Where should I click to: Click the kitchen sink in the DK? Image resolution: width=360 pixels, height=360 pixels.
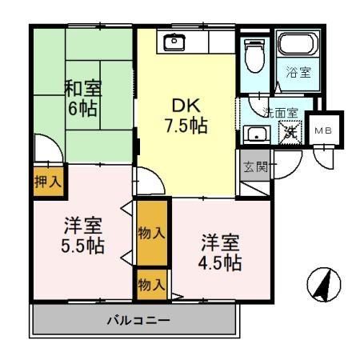pyautogui.click(x=174, y=42)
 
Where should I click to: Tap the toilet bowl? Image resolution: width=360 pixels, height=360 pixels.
pyautogui.click(x=254, y=56)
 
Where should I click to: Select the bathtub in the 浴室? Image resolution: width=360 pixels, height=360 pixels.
pyautogui.click(x=298, y=44)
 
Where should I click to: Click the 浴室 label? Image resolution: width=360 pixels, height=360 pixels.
pyautogui.click(x=298, y=72)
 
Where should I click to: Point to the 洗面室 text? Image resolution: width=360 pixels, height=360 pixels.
pyautogui.click(x=280, y=113)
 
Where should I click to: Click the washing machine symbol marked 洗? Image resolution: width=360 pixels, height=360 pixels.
pyautogui.click(x=290, y=132)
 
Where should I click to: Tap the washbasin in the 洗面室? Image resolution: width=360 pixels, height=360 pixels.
pyautogui.click(x=257, y=134)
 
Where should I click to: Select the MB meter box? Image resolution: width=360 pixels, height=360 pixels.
pyautogui.click(x=324, y=130)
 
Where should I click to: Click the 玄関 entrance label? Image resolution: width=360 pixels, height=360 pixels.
pyautogui.click(x=255, y=167)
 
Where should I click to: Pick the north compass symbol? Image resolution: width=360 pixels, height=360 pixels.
pyautogui.click(x=324, y=285)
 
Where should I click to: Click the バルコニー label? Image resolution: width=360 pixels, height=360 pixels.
pyautogui.click(x=138, y=320)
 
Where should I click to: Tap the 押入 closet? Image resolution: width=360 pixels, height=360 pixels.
pyautogui.click(x=49, y=182)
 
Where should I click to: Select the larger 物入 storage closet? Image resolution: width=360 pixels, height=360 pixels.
pyautogui.click(x=152, y=233)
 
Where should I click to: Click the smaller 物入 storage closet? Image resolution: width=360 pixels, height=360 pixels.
pyautogui.click(x=152, y=285)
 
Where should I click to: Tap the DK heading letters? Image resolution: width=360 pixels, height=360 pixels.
pyautogui.click(x=186, y=106)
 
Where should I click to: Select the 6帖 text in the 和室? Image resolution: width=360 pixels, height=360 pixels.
pyautogui.click(x=82, y=109)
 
